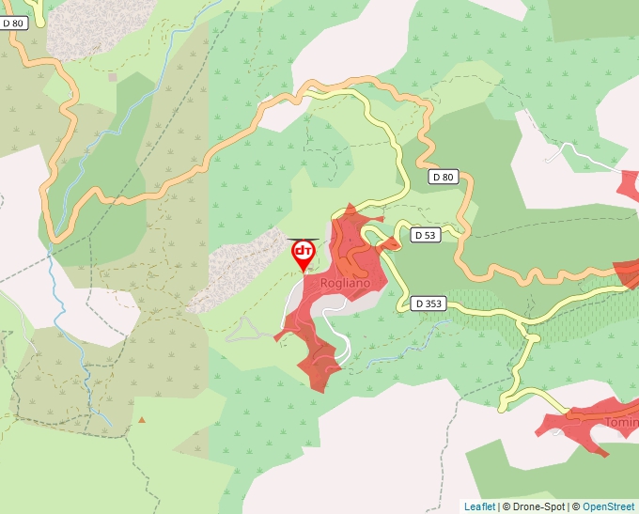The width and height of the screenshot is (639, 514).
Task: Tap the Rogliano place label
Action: pos(339,282)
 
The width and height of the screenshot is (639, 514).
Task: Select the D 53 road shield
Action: pos(425,235)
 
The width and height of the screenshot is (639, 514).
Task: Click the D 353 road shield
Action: pos(428,304)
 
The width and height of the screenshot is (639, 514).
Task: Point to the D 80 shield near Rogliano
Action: pos(443,177)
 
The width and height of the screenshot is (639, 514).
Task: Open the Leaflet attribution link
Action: pos(479,506)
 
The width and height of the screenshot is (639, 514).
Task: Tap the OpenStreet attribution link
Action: pos(608,506)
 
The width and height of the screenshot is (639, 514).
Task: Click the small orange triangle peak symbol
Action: pos(142,419)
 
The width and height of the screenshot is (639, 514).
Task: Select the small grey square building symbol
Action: pos(113,77)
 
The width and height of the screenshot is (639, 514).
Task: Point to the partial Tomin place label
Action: pos(620,422)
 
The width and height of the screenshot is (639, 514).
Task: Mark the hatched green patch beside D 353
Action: pos(489,303)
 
